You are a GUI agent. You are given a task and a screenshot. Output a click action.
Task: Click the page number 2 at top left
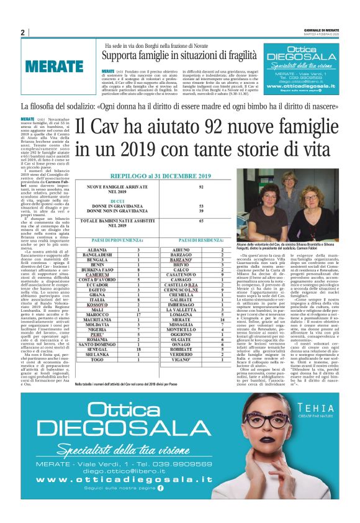(x=22, y=32)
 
